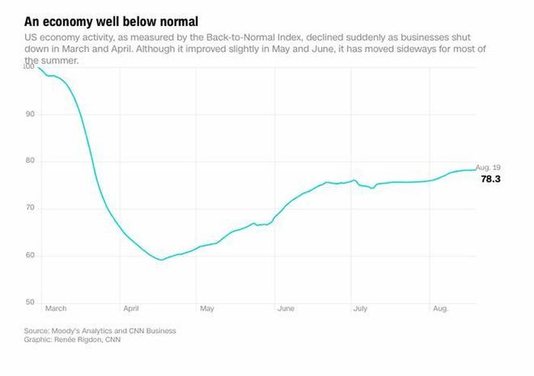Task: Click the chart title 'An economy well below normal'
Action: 111,22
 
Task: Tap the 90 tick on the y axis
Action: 30,114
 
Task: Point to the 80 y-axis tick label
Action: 30,160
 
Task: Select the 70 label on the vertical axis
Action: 30,207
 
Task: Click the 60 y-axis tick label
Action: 30,255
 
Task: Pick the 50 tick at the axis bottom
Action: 30,302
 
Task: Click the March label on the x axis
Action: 56,308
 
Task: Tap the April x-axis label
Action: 131,309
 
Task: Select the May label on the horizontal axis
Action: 207,309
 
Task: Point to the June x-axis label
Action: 286,308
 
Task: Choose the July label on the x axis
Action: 360,309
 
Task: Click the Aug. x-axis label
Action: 441,309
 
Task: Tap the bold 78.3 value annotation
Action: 491,178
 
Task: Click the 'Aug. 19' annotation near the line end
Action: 488,167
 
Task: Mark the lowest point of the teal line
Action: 161,260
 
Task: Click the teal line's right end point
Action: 475,169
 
